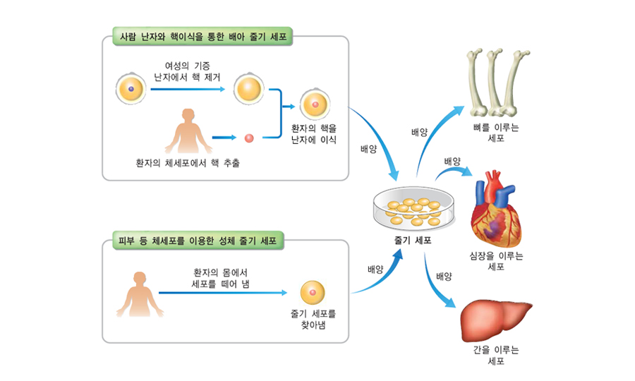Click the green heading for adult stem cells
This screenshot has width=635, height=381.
pyautogui.click(x=198, y=241)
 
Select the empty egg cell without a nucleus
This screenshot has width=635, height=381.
pyautogui.click(x=249, y=90)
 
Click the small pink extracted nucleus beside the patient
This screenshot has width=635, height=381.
pyautogui.click(x=248, y=138)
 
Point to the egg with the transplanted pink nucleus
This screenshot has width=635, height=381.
pyautogui.click(x=314, y=106)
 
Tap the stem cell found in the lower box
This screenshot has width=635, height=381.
pyautogui.click(x=313, y=292)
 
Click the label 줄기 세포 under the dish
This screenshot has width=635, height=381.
pyautogui.click(x=413, y=240)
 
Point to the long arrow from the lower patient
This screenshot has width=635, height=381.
pyautogui.click(x=222, y=292)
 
